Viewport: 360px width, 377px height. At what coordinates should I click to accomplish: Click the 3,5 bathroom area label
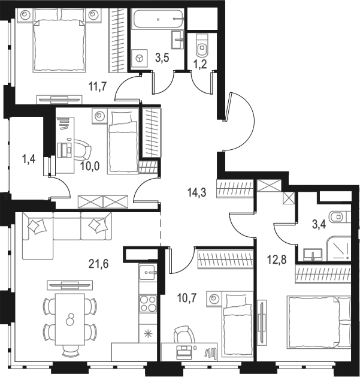click(x=162, y=58)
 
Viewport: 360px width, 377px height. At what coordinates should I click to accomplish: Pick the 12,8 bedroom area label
click(x=276, y=260)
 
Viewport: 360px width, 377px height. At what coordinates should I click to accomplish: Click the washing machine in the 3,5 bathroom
click(x=140, y=58)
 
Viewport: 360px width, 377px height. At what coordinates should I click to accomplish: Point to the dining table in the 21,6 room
click(x=69, y=318)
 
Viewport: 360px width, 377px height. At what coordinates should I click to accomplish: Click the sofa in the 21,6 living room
click(x=62, y=235)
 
